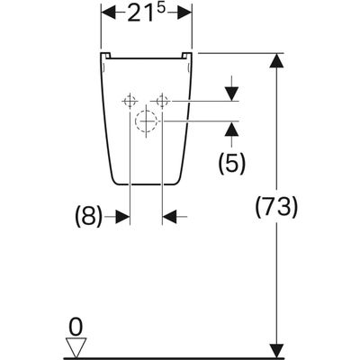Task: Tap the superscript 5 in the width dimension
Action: [161, 8]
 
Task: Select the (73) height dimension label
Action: [276, 207]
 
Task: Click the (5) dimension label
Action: [231, 163]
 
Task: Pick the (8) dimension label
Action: [88, 216]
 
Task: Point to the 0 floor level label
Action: [76, 328]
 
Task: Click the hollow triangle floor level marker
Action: [76, 347]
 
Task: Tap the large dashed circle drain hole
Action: [146, 121]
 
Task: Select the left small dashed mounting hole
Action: [130, 102]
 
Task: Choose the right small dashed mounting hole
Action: [162, 102]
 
